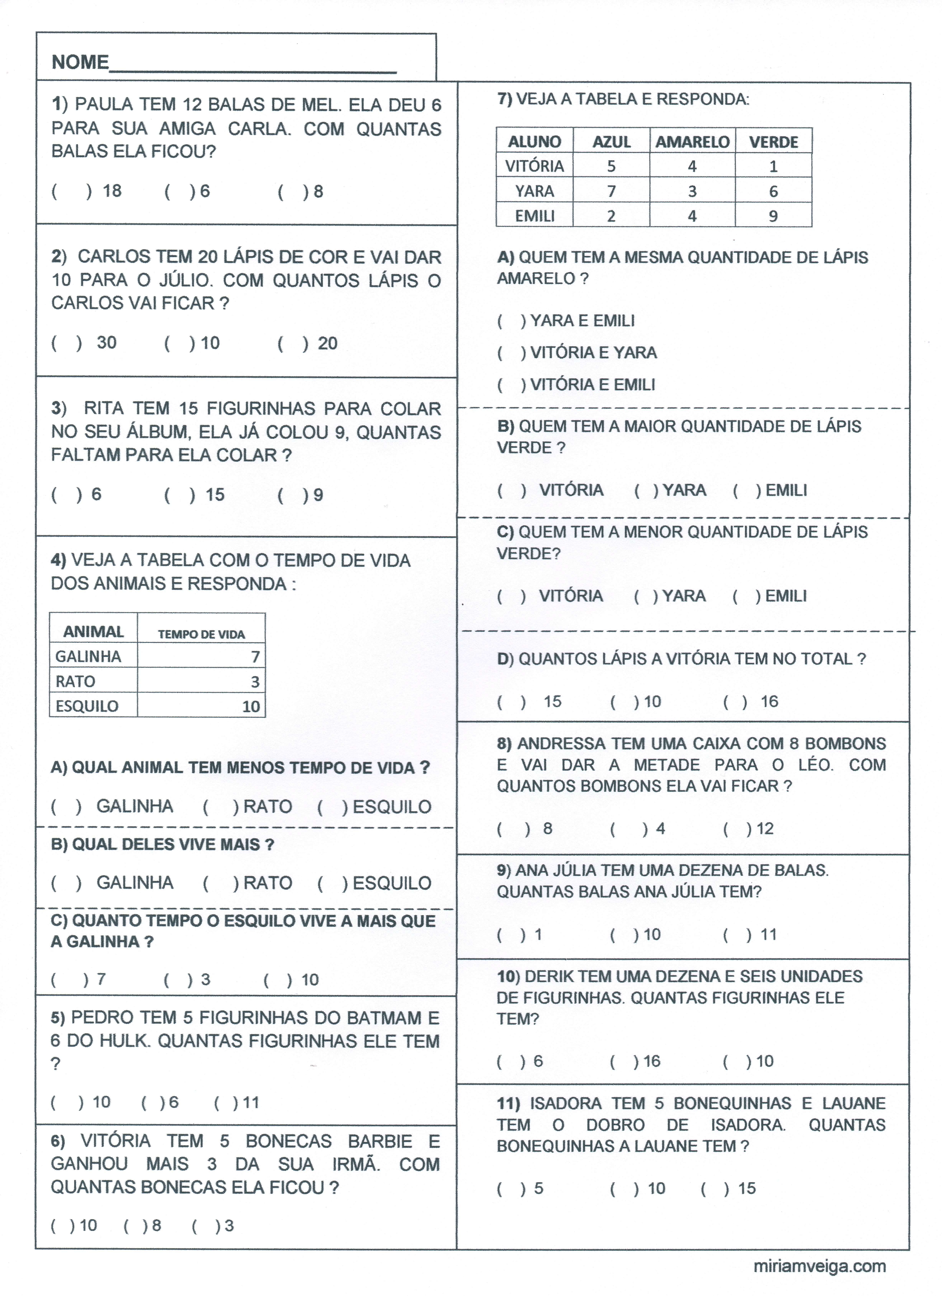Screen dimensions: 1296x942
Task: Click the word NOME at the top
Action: pos(80,62)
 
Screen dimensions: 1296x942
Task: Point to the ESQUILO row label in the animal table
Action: pos(87,706)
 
